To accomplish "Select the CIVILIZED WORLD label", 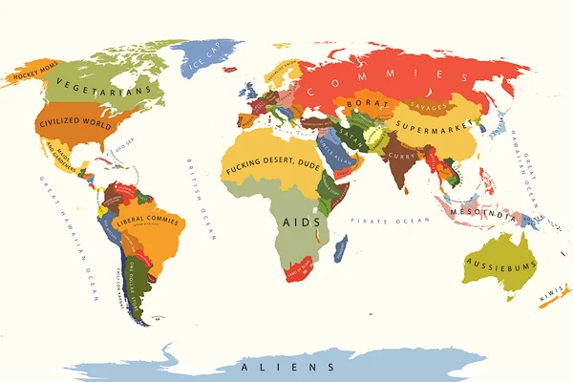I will tap(74, 121).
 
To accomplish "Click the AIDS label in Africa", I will tap(299, 223).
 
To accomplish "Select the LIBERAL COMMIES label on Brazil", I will tap(147, 223).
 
